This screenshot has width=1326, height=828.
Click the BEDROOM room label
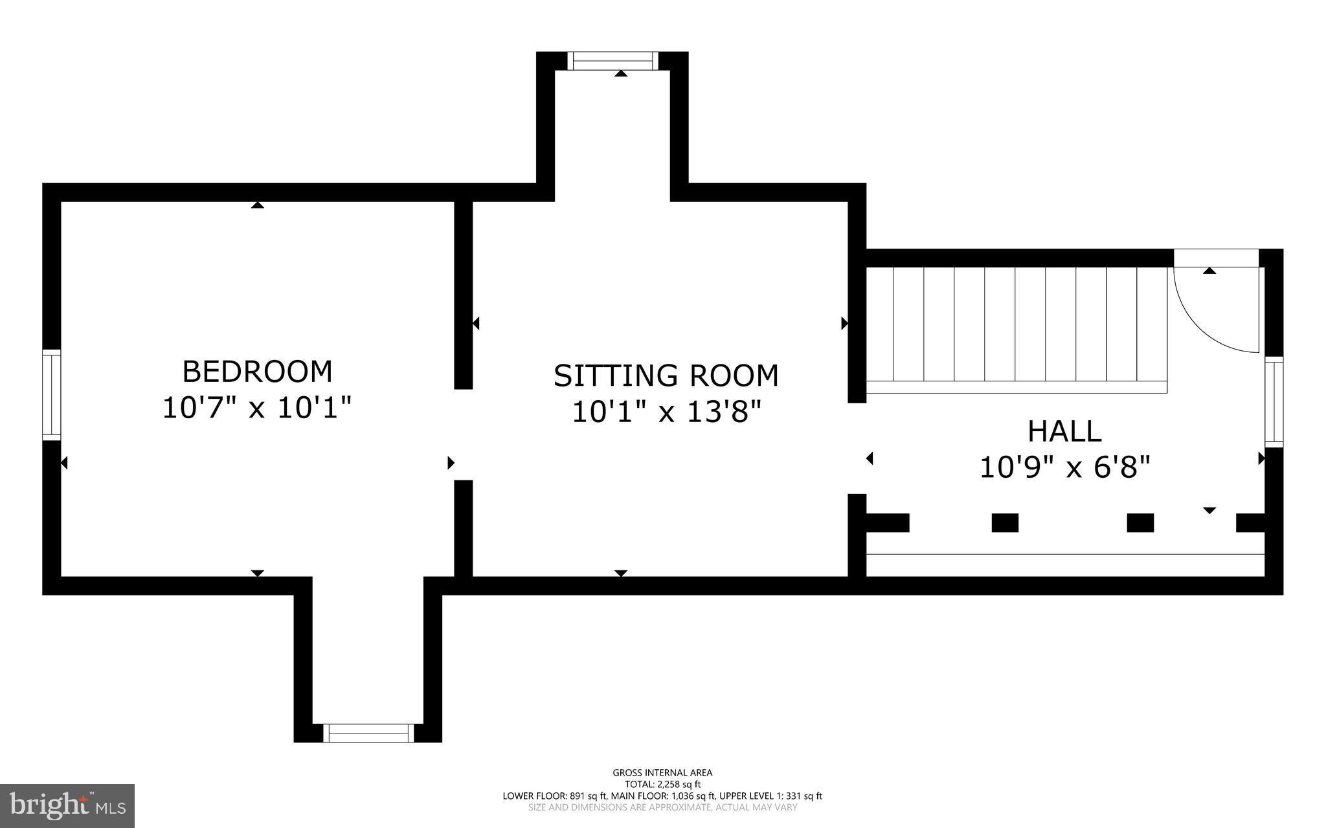(257, 372)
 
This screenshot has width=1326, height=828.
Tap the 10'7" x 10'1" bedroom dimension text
(257, 408)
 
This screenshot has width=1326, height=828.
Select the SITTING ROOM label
(666, 375)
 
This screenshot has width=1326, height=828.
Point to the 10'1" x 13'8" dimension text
(666, 412)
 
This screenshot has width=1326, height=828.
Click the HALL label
(1064, 431)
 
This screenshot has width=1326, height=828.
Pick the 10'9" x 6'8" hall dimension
(1064, 467)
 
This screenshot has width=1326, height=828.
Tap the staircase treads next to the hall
(1017, 324)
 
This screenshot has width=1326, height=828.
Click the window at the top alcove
(612, 61)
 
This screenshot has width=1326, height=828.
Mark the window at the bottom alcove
(368, 733)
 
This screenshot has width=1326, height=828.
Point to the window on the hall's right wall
(1274, 401)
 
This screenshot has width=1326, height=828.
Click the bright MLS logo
(67, 805)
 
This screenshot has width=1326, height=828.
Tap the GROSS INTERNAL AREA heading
(662, 772)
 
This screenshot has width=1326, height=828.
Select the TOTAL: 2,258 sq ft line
(662, 784)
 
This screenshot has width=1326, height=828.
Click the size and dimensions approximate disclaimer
(662, 808)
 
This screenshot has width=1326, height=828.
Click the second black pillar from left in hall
(1005, 522)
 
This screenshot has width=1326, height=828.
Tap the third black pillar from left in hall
(1140, 522)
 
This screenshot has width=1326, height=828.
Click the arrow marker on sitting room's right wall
(844, 322)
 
